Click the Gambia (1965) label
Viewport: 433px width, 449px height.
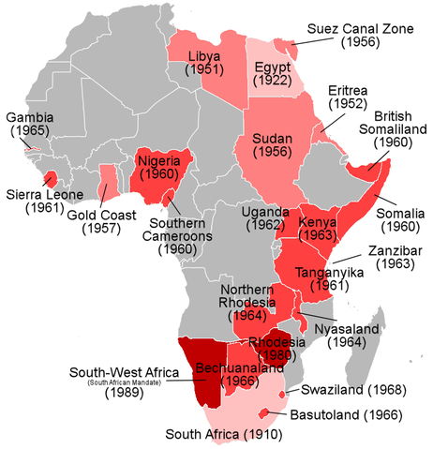[29, 126]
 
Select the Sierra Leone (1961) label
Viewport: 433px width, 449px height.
[37, 202]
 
